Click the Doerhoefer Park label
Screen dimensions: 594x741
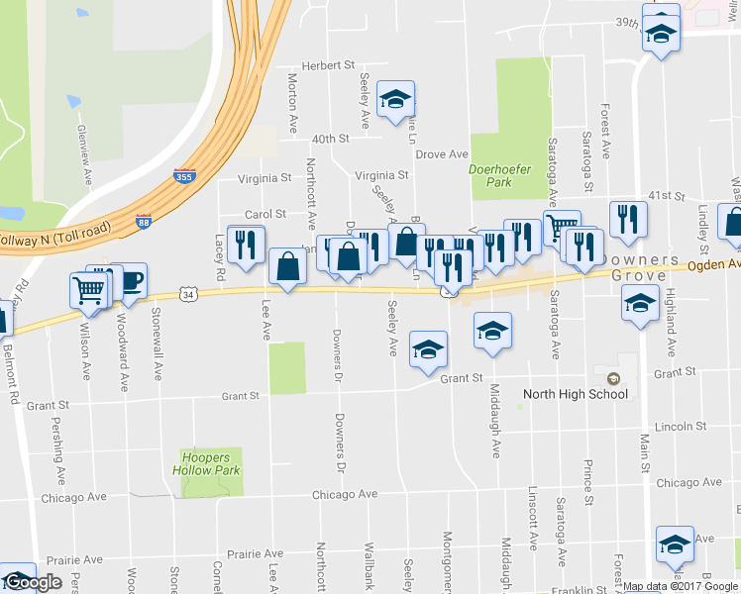500,175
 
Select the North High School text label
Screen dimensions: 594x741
576,394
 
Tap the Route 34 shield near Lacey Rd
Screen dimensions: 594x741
189,293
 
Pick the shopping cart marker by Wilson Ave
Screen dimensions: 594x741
88,291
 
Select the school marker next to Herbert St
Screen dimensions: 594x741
395,99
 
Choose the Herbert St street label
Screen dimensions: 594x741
328,65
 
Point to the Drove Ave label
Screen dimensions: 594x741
441,154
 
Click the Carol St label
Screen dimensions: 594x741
265,214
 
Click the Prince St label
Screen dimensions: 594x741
587,481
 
